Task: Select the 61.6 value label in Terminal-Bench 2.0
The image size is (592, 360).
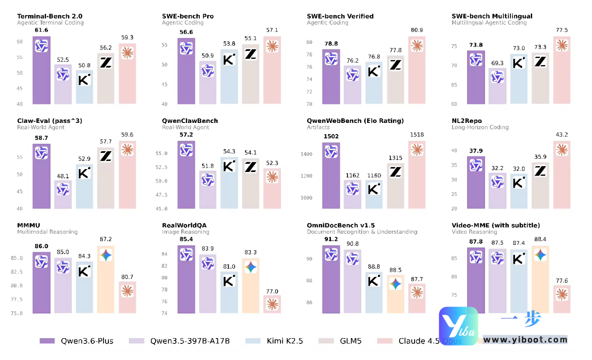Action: pyautogui.click(x=41, y=31)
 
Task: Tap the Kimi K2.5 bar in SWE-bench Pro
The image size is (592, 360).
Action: pyautogui.click(x=229, y=78)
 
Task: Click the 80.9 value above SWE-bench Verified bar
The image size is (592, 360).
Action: pyautogui.click(x=417, y=30)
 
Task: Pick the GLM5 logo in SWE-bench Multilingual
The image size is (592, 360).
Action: pyautogui.click(x=540, y=62)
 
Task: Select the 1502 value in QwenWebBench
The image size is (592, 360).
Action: pyautogui.click(x=331, y=137)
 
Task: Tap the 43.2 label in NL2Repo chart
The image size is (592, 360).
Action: pyautogui.click(x=561, y=135)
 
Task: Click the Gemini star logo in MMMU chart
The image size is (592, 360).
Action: pyautogui.click(x=106, y=255)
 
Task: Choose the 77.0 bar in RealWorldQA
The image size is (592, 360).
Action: pyautogui.click(x=272, y=304)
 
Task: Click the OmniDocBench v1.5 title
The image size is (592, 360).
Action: pyautogui.click(x=341, y=225)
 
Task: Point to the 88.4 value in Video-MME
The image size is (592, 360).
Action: pyautogui.click(x=540, y=240)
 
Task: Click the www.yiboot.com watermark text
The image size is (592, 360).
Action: pyautogui.click(x=525, y=340)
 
